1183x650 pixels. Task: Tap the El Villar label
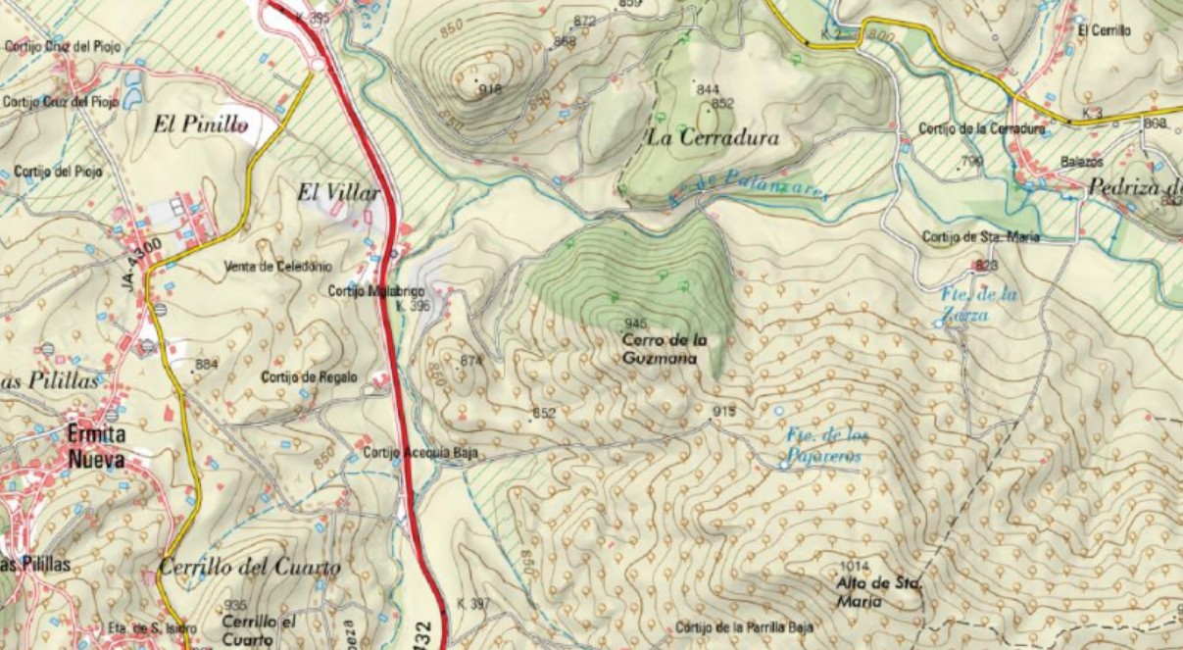[x=338, y=194]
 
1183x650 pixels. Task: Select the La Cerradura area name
[x=713, y=138]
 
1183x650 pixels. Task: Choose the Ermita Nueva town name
[x=96, y=446]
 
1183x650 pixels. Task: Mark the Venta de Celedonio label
[x=278, y=267]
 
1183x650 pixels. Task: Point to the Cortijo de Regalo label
[x=310, y=377]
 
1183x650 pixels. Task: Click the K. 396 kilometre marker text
[x=414, y=306]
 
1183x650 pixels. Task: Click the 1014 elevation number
[x=855, y=567]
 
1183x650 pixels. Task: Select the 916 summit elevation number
[x=490, y=89]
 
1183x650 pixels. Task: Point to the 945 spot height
[x=635, y=324]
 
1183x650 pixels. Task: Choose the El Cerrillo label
[x=1104, y=31]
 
